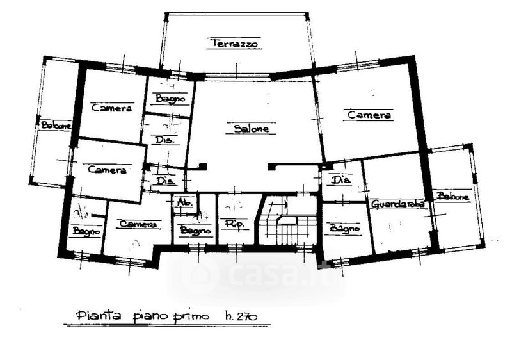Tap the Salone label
coord(250,129)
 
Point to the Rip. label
coord(231,224)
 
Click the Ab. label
coord(184,204)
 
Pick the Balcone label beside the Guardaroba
coord(453,197)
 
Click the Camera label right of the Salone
coord(369,115)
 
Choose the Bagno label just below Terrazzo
coord(170,99)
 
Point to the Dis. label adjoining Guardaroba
coord(342,180)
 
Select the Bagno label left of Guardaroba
coord(343,227)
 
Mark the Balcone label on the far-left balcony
coord(56,126)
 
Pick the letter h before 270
coord(228,315)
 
